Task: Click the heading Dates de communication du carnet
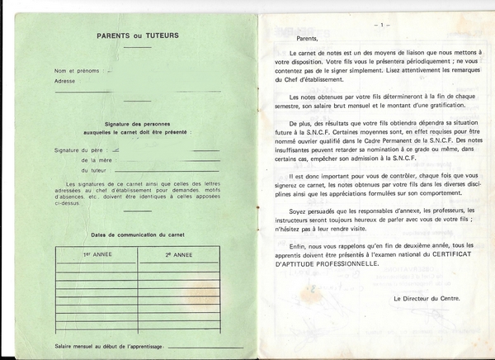pos(136,235)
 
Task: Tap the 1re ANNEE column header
pos(97,255)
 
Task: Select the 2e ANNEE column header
pos(177,255)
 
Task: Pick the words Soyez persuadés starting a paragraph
pos(310,211)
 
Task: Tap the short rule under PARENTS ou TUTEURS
pos(137,47)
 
